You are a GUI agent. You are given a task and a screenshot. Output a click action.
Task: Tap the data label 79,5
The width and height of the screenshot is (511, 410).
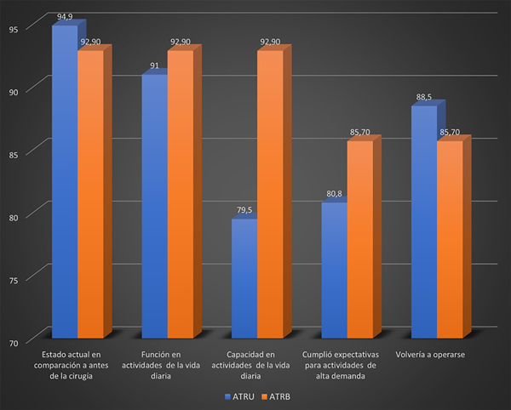(x=244, y=209)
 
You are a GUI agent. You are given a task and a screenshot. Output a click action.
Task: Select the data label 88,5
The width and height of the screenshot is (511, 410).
(x=424, y=96)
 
